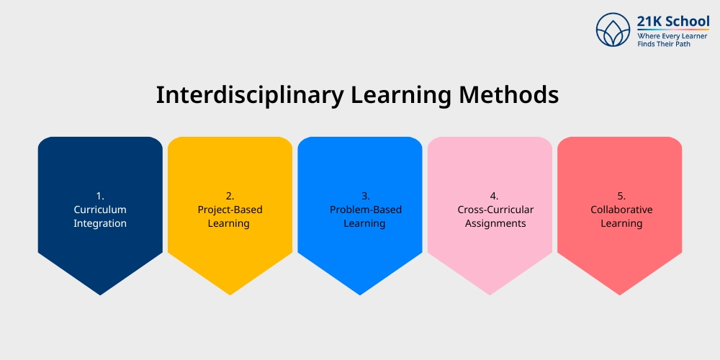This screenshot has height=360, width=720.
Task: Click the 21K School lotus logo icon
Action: click(x=613, y=30)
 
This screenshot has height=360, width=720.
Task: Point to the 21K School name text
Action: click(x=663, y=21)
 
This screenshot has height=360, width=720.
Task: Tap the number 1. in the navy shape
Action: click(x=100, y=196)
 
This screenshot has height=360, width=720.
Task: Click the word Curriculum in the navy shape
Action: click(x=100, y=210)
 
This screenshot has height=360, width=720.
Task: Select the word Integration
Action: click(x=100, y=223)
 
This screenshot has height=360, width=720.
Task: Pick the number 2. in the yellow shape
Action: click(x=230, y=196)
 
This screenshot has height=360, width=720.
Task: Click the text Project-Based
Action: click(x=230, y=210)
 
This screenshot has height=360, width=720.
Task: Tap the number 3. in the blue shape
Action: click(x=365, y=196)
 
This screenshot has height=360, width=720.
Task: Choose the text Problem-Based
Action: click(x=365, y=210)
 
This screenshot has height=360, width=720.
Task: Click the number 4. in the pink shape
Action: click(x=494, y=196)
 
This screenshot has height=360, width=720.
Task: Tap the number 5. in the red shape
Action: click(x=621, y=196)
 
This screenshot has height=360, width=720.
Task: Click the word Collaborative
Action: click(x=621, y=210)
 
